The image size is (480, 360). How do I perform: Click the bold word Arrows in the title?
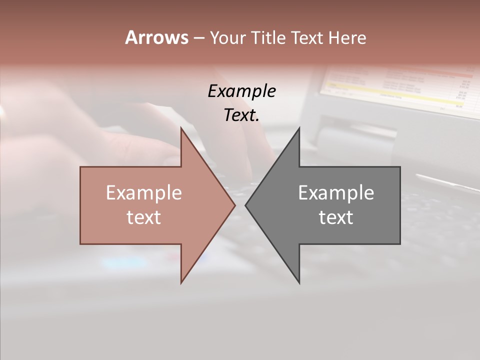pyautogui.click(x=156, y=37)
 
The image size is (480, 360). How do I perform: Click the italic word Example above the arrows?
pyautogui.click(x=241, y=91)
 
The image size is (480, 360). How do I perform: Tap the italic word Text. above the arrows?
pyautogui.click(x=241, y=115)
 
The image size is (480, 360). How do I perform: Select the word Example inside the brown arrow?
pyautogui.click(x=143, y=192)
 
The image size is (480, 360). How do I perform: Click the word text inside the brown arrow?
pyautogui.click(x=143, y=217)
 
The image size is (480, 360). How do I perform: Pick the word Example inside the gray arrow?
pyautogui.click(x=336, y=192)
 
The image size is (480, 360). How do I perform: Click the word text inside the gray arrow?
pyautogui.click(x=336, y=217)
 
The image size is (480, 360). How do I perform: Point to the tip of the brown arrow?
pyautogui.click(x=235, y=205)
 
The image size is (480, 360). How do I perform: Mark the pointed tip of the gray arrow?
pyautogui.click(x=245, y=205)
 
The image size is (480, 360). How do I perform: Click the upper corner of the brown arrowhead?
pyautogui.click(x=181, y=128)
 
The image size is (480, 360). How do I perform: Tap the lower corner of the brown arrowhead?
pyautogui.click(x=181, y=282)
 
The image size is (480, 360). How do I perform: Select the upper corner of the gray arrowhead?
pyautogui.click(x=299, y=128)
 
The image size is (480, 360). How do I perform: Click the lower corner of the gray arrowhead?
pyautogui.click(x=299, y=282)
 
